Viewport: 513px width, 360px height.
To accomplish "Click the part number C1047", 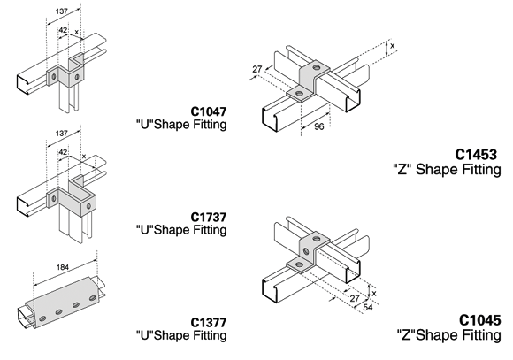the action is click(209, 111).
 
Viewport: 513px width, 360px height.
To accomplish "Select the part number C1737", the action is click(209, 217).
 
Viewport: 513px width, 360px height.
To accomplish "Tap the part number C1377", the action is click(209, 323).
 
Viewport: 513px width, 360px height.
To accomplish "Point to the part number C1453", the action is click(476, 155).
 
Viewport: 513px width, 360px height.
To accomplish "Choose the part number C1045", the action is click(480, 320).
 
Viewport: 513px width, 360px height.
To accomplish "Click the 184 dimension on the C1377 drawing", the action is click(63, 267).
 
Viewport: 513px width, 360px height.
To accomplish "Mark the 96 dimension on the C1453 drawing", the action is click(318, 126).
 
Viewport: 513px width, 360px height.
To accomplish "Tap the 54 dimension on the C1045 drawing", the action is click(368, 307).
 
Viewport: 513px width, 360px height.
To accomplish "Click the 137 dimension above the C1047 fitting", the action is click(62, 11).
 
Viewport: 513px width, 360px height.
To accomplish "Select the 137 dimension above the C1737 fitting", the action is click(62, 134).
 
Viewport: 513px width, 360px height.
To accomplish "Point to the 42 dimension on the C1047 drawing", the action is click(63, 30).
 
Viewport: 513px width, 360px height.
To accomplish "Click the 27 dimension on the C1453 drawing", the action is click(257, 69).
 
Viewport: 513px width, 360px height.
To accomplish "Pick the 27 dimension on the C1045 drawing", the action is click(355, 298).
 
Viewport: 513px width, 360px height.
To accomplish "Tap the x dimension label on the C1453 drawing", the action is click(393, 46).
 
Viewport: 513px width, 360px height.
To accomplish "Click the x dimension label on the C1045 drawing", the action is click(374, 294).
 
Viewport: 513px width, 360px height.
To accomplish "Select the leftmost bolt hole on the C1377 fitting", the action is click(42, 318).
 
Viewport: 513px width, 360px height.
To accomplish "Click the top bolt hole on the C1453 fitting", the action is click(316, 67).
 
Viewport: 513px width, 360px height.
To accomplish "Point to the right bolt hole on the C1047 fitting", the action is click(77, 77).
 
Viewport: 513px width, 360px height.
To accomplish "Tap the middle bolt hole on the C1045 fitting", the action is click(306, 251).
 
